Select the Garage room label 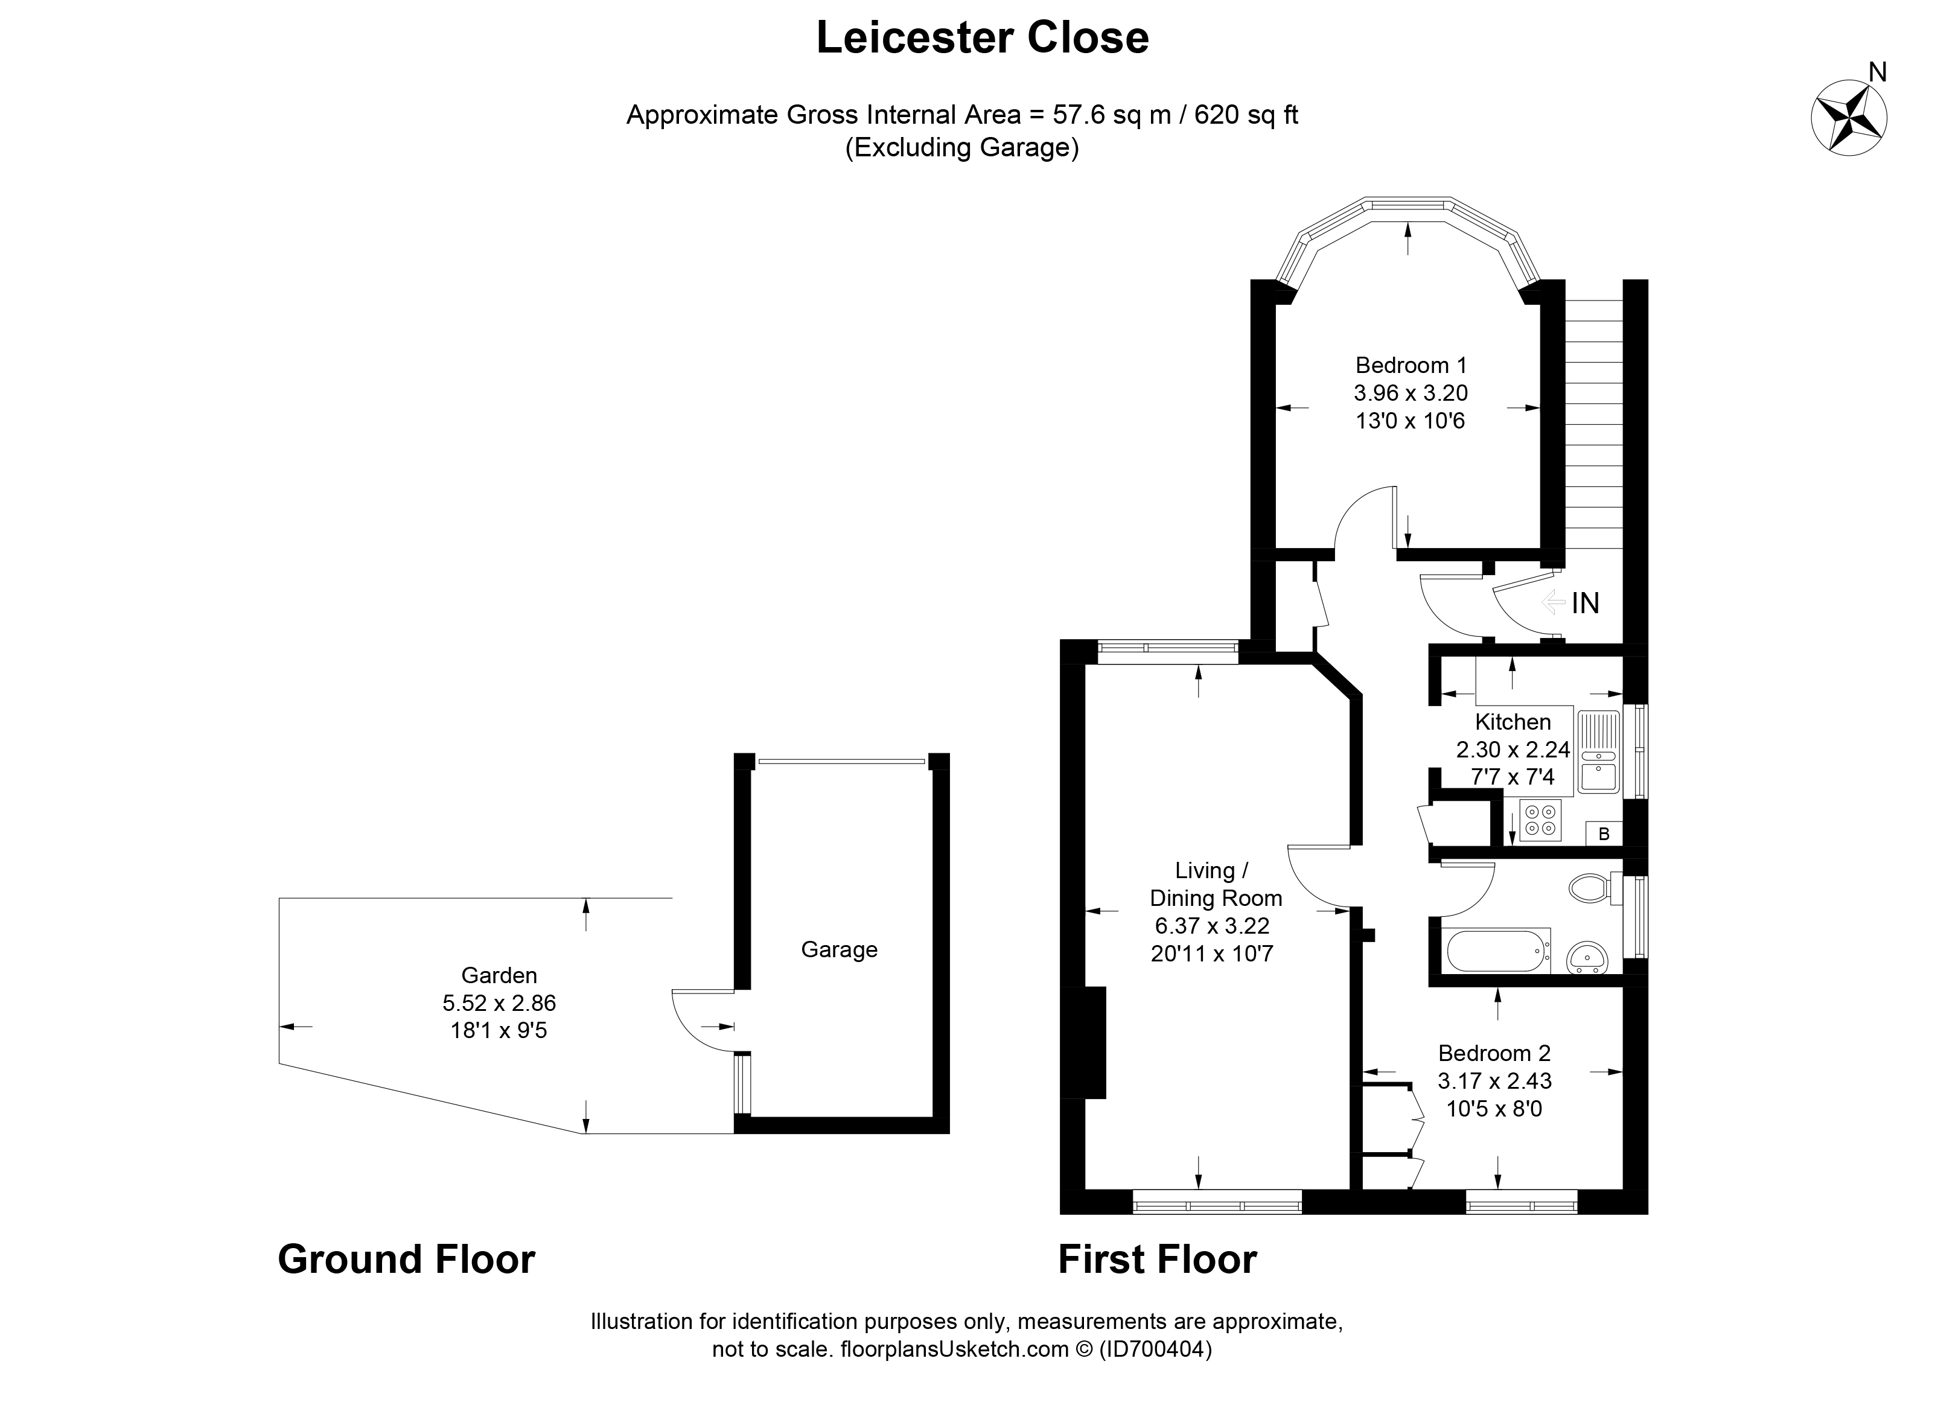pyautogui.click(x=839, y=950)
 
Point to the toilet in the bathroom pyautogui.click(x=1595, y=888)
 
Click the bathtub pyautogui.click(x=1498, y=950)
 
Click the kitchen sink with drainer pyautogui.click(x=1599, y=752)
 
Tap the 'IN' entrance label pyautogui.click(x=1585, y=604)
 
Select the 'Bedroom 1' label pyautogui.click(x=1411, y=365)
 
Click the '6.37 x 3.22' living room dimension pyautogui.click(x=1213, y=926)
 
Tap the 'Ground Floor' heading pyautogui.click(x=406, y=1260)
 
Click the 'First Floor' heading pyautogui.click(x=1157, y=1260)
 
